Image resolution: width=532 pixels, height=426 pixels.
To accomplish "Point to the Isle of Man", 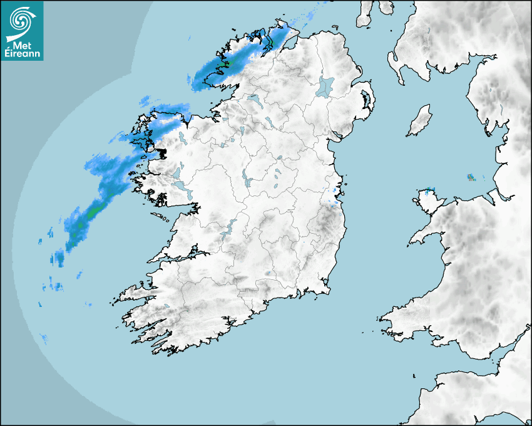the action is pos(420,121).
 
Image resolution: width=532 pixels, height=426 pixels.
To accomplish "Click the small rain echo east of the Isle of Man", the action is pos(471,177).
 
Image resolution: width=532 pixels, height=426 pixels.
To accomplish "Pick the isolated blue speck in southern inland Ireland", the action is pos(268,273).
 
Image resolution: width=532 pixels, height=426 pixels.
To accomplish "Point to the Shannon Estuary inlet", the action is pos(182,256).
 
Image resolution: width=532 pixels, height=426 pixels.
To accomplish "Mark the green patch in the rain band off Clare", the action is pos(92,213).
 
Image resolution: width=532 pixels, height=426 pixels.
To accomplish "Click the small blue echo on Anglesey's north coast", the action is pos(431,189).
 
